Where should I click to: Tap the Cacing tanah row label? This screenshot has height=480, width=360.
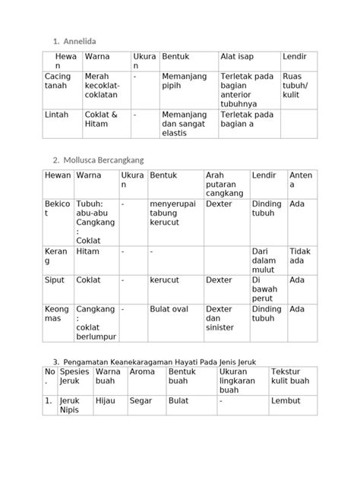[x=58, y=81]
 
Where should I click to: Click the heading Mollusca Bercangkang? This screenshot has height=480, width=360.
[x=109, y=160]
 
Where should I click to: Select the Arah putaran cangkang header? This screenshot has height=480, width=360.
[x=223, y=184]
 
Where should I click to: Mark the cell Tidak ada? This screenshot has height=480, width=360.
[x=301, y=256]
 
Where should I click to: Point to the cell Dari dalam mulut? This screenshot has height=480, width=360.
[x=266, y=261]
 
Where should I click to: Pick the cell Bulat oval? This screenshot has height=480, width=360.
[x=170, y=309]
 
